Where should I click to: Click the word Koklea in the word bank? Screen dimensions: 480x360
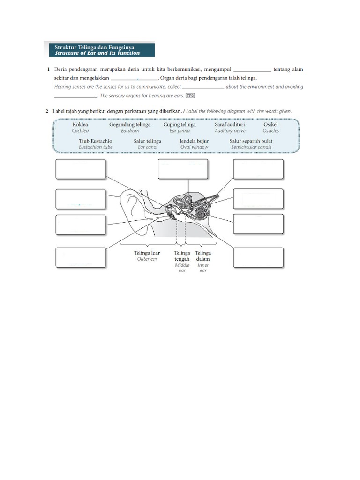pos(80,125)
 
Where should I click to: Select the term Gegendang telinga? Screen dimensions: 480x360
pos(130,125)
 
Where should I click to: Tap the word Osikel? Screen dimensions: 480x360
pos(270,125)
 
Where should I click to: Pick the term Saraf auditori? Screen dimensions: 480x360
pos(230,125)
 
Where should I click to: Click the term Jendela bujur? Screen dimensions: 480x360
pos(194,141)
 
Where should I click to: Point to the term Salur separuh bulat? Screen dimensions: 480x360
pos(251,141)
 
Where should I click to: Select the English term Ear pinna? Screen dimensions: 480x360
pos(180,131)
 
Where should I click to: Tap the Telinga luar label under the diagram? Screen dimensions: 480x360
pos(147,253)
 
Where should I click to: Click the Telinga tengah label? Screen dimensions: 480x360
pos(182,256)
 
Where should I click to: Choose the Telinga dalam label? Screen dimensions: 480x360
pos(202,256)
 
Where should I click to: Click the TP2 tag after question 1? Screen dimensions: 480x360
pos(190,96)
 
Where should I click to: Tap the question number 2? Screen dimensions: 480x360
pos(47,111)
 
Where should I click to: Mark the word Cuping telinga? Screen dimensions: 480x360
pos(180,125)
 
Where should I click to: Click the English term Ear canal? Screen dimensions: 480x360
pos(148,147)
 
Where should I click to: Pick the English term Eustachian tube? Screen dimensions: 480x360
pos(96,147)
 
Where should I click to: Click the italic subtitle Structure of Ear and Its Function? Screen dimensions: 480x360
pos(97,53)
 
